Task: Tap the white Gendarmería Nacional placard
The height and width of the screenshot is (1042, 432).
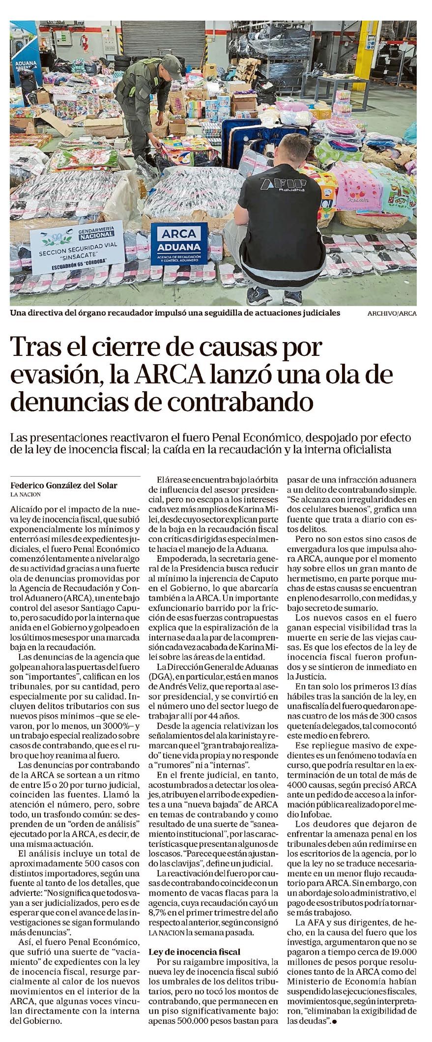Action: point(77,249)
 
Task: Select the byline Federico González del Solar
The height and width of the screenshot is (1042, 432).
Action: point(64,485)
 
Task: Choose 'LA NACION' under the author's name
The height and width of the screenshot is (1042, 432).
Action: point(26,494)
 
